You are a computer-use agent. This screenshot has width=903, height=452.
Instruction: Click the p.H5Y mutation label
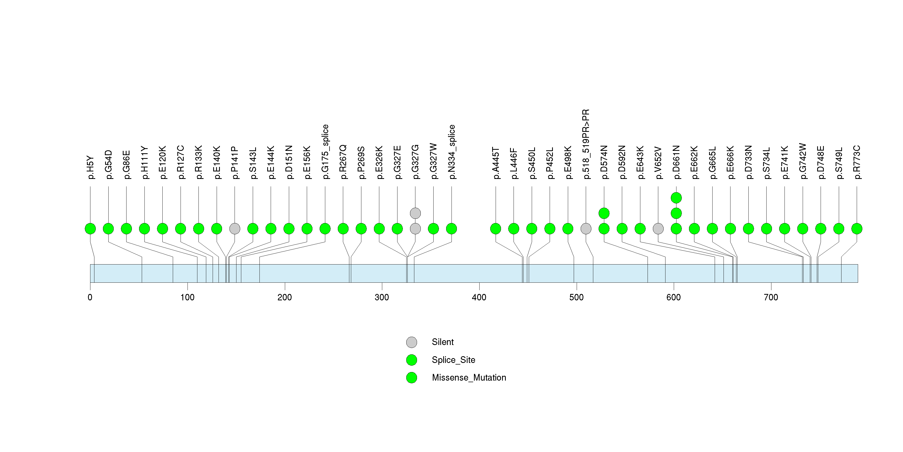90,167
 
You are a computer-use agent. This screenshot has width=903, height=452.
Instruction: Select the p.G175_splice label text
325,152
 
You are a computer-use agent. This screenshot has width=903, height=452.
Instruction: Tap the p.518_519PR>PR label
586,144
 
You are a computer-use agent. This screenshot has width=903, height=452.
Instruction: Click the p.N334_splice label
451,152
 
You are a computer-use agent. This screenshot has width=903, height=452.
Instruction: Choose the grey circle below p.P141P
235,229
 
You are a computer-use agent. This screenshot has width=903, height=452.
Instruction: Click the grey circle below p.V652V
658,229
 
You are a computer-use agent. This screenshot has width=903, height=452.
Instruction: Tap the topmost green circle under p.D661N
676,198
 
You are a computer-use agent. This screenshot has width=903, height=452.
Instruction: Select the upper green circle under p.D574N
604,213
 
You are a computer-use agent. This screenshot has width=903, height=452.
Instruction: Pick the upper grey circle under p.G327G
415,213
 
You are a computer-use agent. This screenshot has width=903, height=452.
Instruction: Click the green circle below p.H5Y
90,229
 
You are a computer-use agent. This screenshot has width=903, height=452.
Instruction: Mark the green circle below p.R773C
857,229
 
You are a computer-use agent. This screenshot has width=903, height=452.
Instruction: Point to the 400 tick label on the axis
479,297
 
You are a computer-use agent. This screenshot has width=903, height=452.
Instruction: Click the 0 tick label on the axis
90,297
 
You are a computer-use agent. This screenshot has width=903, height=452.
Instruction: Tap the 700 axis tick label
771,297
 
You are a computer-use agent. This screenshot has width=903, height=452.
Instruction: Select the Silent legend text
443,342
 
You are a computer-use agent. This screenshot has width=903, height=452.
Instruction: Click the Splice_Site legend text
453,360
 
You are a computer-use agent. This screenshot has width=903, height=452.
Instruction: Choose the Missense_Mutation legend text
469,378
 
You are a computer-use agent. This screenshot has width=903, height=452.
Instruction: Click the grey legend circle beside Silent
412,342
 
